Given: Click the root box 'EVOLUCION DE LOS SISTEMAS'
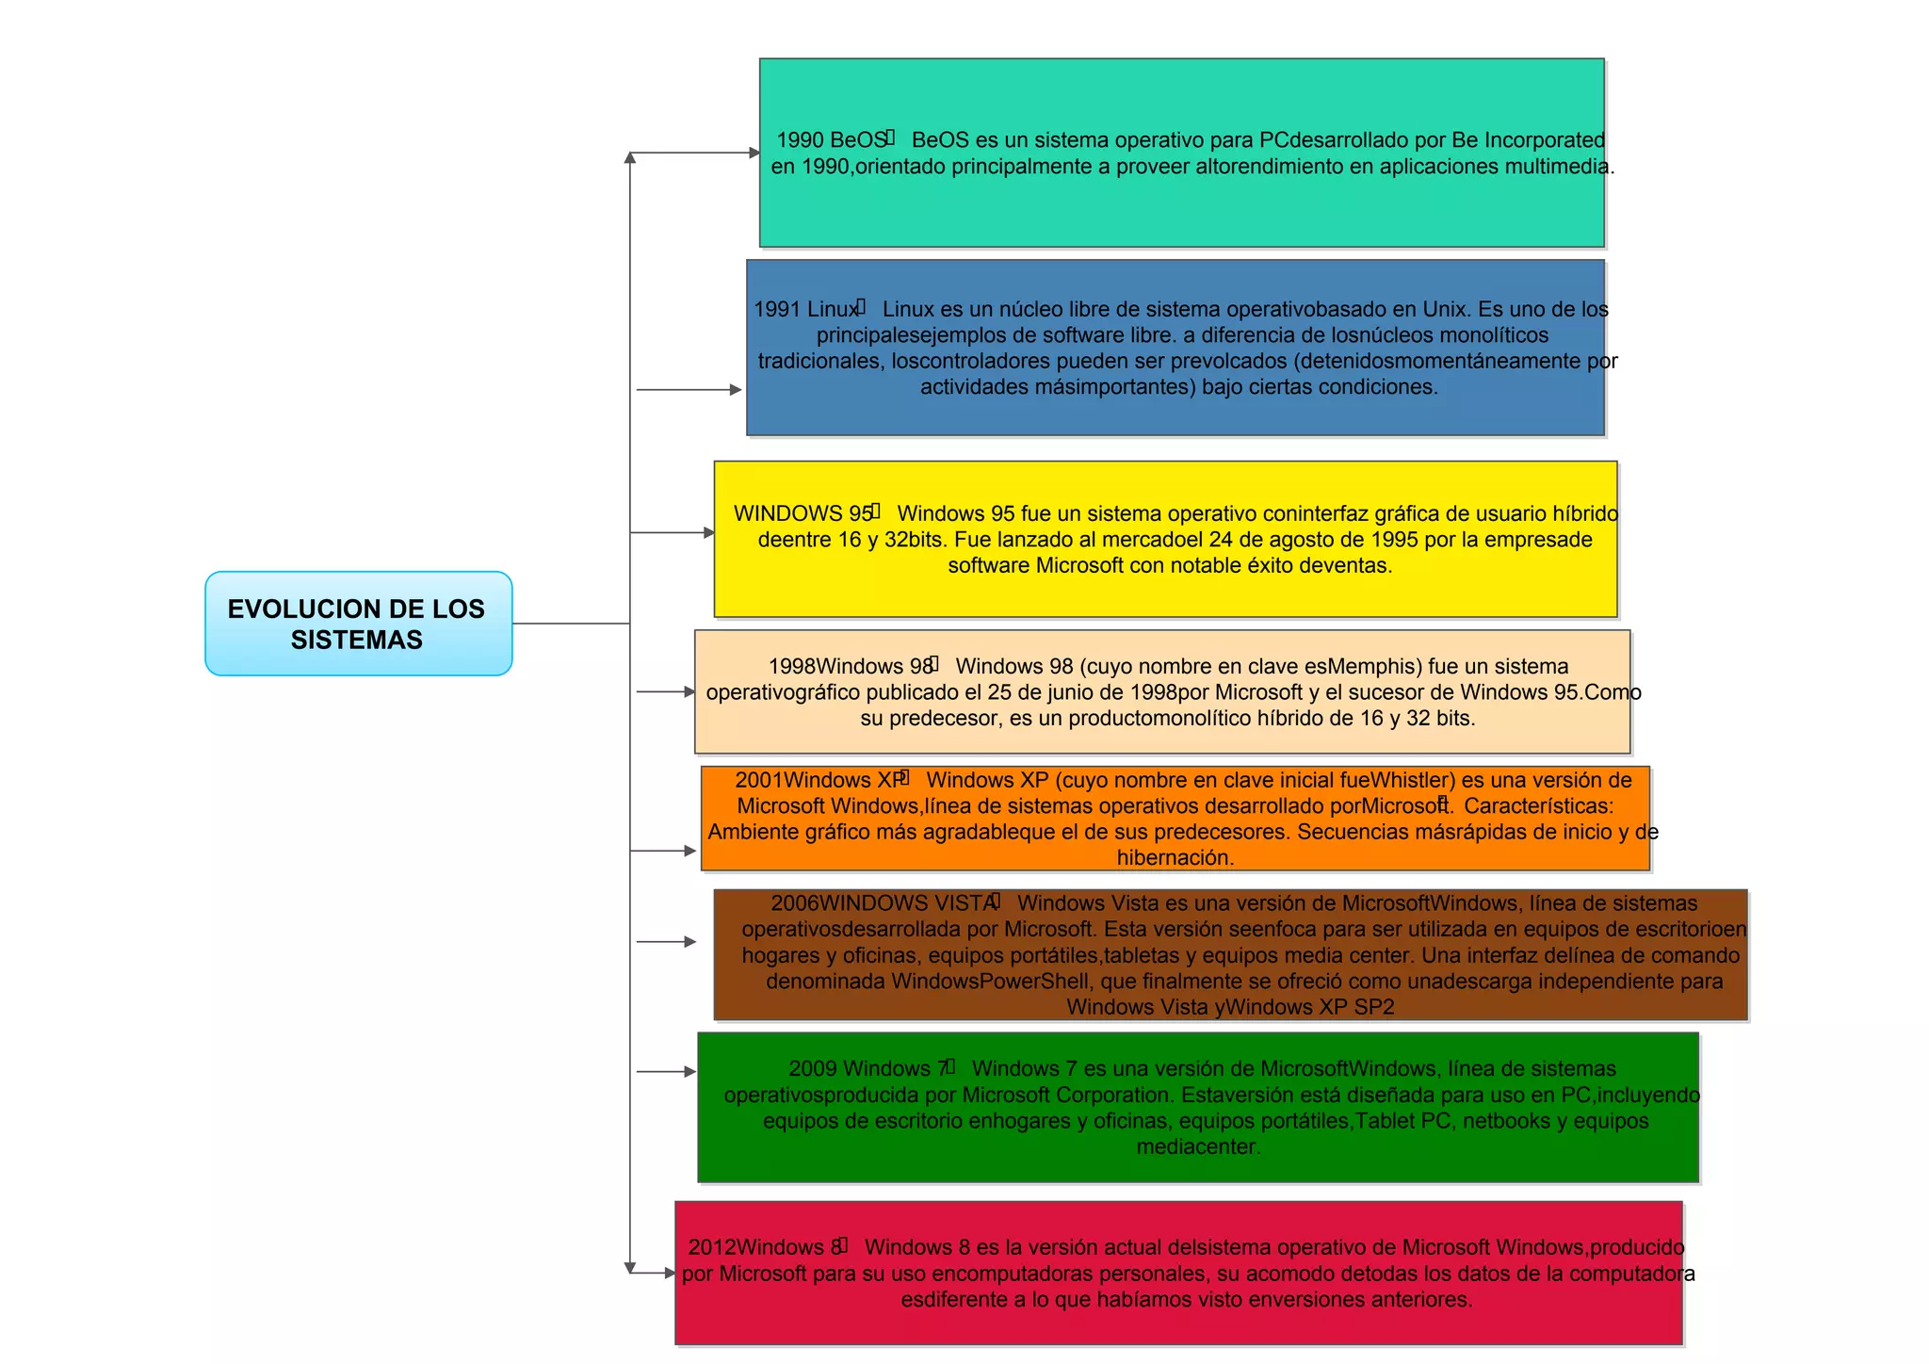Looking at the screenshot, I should click(x=358, y=624).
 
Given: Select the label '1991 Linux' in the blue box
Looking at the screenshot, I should click(x=805, y=309).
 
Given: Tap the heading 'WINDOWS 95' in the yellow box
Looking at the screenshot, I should click(x=802, y=513).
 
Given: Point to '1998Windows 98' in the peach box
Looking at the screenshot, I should click(x=850, y=666).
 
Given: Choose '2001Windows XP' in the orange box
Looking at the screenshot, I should click(x=819, y=780).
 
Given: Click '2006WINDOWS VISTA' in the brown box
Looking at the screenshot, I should click(x=883, y=903).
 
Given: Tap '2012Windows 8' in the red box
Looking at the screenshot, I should click(x=764, y=1247).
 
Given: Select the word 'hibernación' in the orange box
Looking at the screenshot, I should click(x=1174, y=858).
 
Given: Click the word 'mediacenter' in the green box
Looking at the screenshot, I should click(x=1196, y=1147).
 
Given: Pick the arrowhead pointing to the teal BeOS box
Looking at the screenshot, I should click(x=754, y=153).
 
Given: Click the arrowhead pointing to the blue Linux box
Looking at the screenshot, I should click(x=736, y=390).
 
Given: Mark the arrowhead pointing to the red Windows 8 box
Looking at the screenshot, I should click(x=670, y=1274).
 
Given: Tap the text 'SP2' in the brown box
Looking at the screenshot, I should click(x=1374, y=1007).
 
